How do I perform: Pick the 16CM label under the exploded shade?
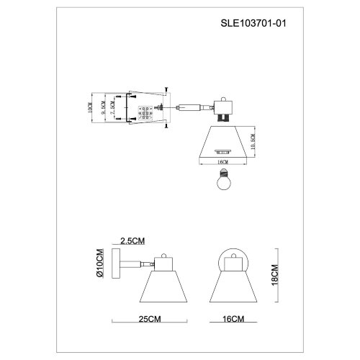pos(223,163)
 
